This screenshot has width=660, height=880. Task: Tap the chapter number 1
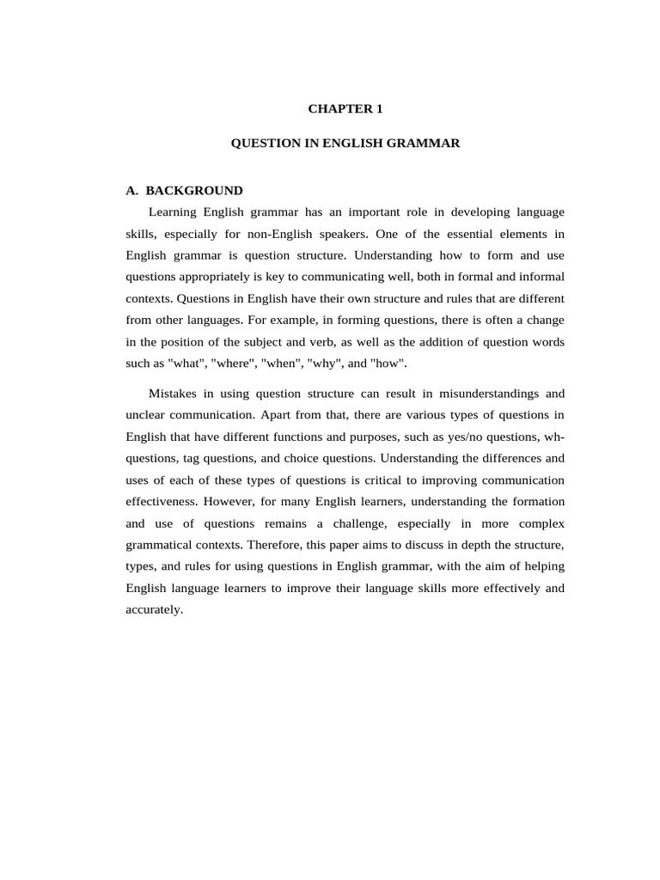pyautogui.click(x=379, y=109)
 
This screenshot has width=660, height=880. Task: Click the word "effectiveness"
pyautogui.click(x=162, y=502)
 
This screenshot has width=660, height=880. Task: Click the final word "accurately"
pyautogui.click(x=154, y=610)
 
